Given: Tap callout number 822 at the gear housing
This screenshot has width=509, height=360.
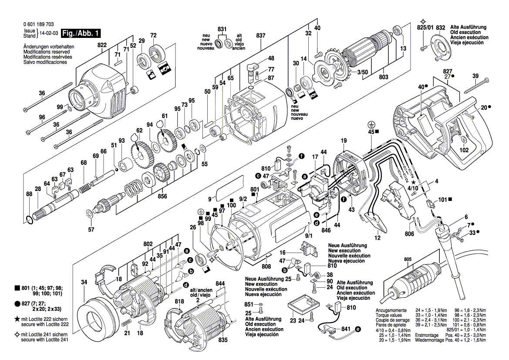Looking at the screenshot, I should [x=102, y=45].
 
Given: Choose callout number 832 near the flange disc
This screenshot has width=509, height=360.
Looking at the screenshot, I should [x=440, y=27].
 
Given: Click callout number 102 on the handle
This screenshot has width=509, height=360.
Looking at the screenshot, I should [x=464, y=150].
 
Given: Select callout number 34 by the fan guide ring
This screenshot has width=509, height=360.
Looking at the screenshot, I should [x=84, y=282].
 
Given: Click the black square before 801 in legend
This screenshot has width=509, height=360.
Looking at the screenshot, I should [x=17, y=288].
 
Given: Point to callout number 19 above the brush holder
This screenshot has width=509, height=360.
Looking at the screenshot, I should [x=344, y=140].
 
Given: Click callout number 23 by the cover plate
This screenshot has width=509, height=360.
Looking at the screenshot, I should [x=292, y=320].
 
